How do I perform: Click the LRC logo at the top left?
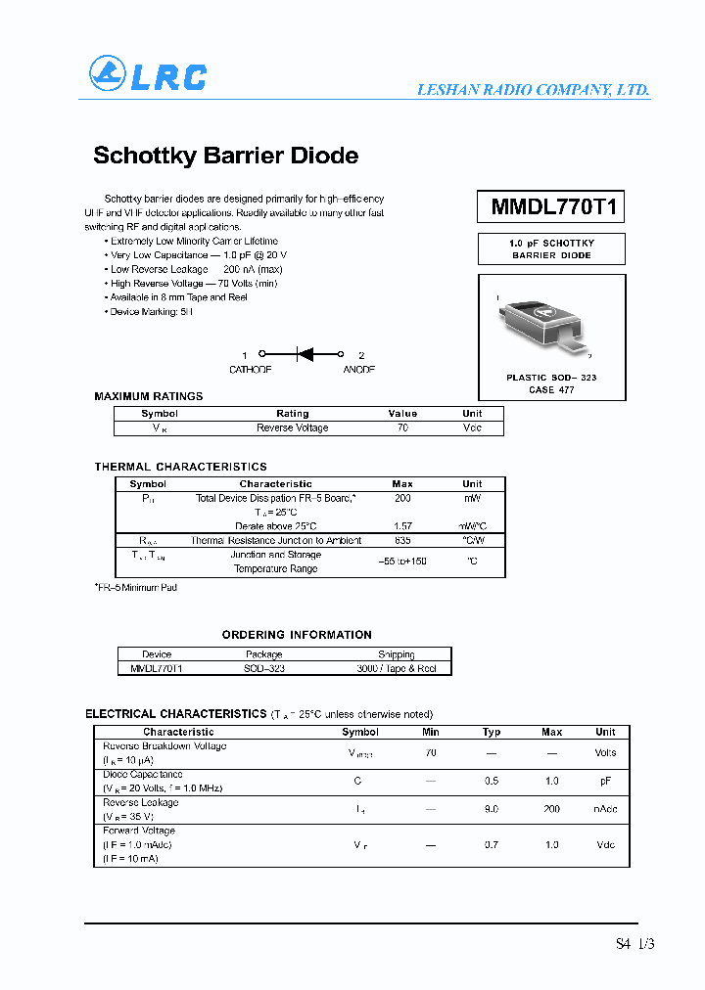[x=148, y=75]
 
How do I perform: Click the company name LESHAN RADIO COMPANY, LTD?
[x=533, y=89]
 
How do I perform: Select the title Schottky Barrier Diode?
[x=225, y=156]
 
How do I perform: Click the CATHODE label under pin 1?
[x=250, y=370]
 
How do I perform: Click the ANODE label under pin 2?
[x=358, y=370]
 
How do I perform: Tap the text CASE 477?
[x=551, y=389]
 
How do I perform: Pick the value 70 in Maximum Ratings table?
[x=402, y=427]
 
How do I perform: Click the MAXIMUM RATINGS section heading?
[x=149, y=396]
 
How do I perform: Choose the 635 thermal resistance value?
[x=402, y=540]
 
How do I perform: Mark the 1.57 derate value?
[x=402, y=526]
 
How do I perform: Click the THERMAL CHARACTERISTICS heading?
[x=180, y=467]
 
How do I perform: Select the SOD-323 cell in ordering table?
[x=263, y=668]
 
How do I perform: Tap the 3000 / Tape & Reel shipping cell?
[x=396, y=668]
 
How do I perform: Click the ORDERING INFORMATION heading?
[x=297, y=635]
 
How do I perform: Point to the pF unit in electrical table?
[x=605, y=781]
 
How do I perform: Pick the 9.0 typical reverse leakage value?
[x=492, y=809]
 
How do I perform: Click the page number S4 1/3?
[x=634, y=944]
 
